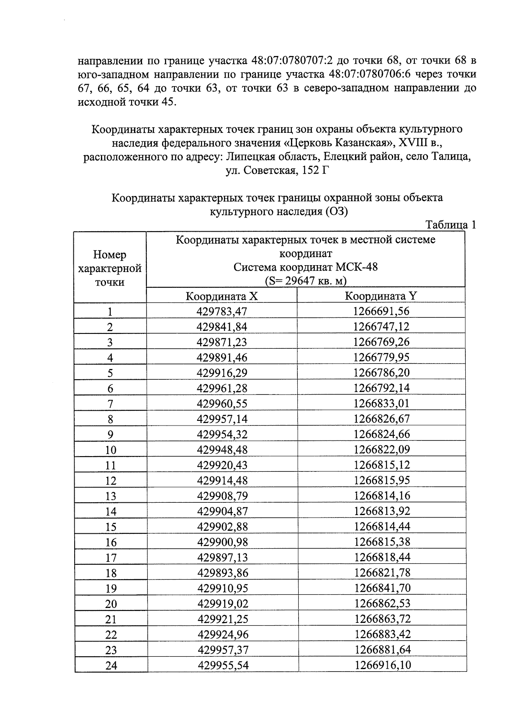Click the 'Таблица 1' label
pyautogui.click(x=450, y=225)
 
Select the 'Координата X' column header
pyautogui.click(x=221, y=296)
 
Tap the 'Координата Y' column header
pyautogui.click(x=381, y=296)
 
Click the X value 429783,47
pyautogui.click(x=221, y=311)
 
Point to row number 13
pyautogui.click(x=110, y=496)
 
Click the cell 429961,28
pyautogui.click(x=222, y=388)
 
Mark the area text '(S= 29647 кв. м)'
pyautogui.click(x=305, y=281)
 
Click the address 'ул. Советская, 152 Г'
pyautogui.click(x=278, y=171)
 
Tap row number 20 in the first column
pyautogui.click(x=110, y=604)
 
